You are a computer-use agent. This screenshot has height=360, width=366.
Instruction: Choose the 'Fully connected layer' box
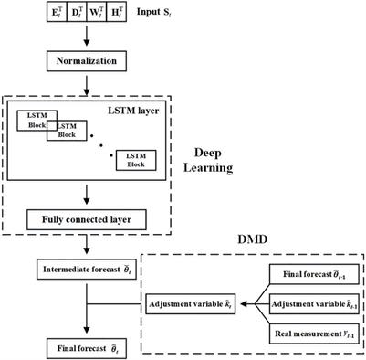tap(85, 219)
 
